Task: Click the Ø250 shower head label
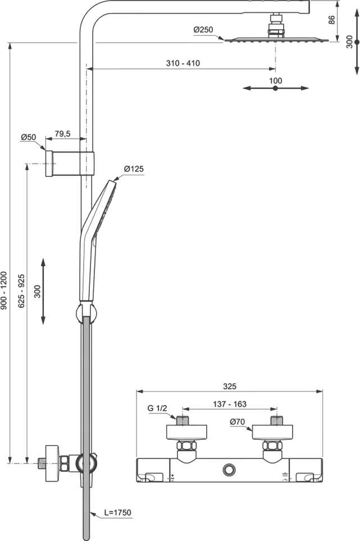(x=204, y=29)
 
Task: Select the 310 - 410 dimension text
(x=183, y=63)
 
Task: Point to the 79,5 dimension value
(x=62, y=134)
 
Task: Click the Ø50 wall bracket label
(x=29, y=137)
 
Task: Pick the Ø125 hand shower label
(x=134, y=169)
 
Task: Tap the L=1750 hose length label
(x=117, y=512)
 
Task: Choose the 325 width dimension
(x=229, y=386)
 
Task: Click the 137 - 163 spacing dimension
(x=230, y=404)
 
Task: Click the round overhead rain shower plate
(x=275, y=39)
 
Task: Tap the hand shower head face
(x=106, y=208)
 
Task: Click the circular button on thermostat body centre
(x=229, y=468)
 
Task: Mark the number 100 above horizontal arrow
(x=275, y=80)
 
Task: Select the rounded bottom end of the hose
(x=86, y=537)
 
